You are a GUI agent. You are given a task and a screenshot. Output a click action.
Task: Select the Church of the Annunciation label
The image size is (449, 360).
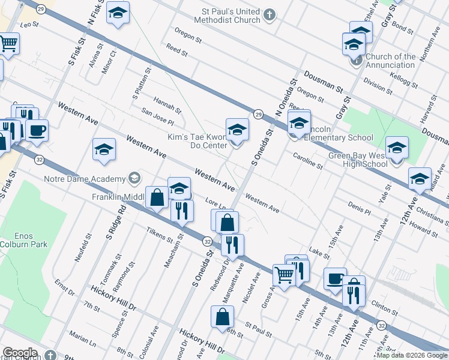tap(390, 61)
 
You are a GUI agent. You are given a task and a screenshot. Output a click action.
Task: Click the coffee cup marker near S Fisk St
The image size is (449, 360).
tap(37, 131)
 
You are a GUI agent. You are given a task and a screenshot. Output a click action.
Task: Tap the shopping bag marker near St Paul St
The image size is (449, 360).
tap(222, 316)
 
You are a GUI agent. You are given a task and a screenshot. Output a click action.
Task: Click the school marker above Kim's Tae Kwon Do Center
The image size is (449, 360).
tap(237, 129)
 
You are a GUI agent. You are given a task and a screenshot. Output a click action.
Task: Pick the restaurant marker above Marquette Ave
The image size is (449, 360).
tap(232, 244)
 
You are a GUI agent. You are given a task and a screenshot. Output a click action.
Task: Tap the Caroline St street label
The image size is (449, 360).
tap(307, 159)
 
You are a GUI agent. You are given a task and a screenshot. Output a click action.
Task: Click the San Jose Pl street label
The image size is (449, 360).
tap(157, 115)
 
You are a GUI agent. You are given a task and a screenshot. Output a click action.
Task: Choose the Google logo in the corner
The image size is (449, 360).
tap(20, 353)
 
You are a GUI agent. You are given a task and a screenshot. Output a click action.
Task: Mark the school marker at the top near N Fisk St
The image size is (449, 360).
tap(118, 13)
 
